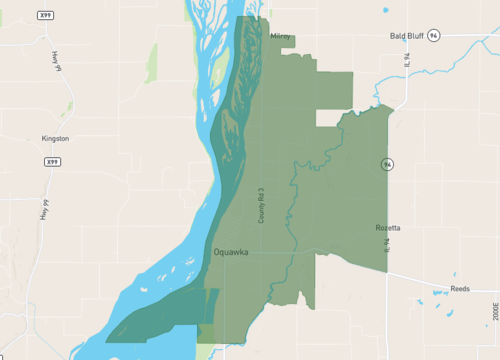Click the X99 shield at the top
45,16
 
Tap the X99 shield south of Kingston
52,161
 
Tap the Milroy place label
281,36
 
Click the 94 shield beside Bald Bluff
433,35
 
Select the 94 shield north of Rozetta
385,163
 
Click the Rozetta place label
388,228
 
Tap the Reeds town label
460,288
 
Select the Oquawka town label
231,253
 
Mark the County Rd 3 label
261,205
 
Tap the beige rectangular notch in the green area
329,118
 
